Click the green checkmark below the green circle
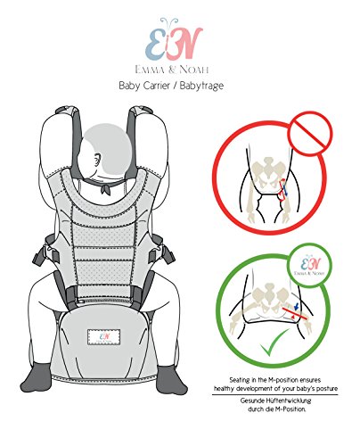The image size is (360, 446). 288,368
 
